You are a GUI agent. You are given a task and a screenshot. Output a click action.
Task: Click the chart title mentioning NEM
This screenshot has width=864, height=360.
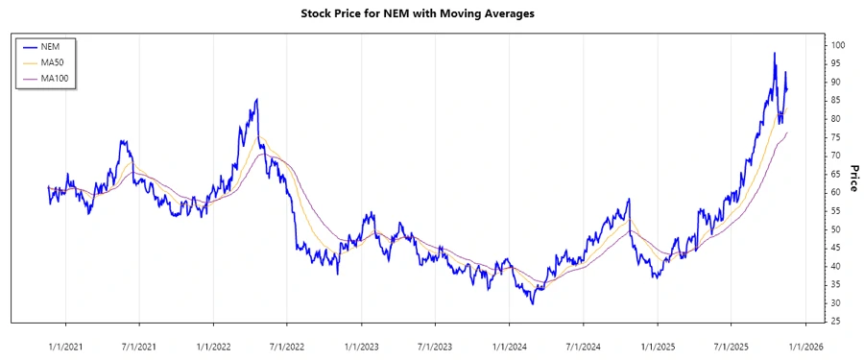tap(432, 14)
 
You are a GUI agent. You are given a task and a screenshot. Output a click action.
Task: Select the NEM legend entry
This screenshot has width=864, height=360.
tap(50, 46)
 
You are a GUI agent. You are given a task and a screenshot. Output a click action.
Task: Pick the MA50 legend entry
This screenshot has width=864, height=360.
tap(53, 62)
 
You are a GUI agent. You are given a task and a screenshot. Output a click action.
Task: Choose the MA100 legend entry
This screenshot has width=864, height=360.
tap(55, 79)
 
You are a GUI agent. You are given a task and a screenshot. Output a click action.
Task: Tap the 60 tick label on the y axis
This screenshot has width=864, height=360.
tap(836, 192)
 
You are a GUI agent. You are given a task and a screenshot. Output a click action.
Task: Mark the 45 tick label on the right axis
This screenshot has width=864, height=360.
tap(836, 248)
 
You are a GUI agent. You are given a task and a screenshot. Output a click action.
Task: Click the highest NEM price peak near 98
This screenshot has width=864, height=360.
tap(774, 53)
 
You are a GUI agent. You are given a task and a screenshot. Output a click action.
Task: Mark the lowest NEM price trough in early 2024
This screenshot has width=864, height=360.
tap(532, 303)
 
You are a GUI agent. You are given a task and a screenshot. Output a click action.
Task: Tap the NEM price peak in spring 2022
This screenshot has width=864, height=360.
tap(256, 99)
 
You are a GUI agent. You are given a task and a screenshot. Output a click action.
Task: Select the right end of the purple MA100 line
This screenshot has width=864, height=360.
tap(787, 132)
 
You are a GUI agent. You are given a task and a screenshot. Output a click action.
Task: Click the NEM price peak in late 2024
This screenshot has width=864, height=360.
tap(629, 200)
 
